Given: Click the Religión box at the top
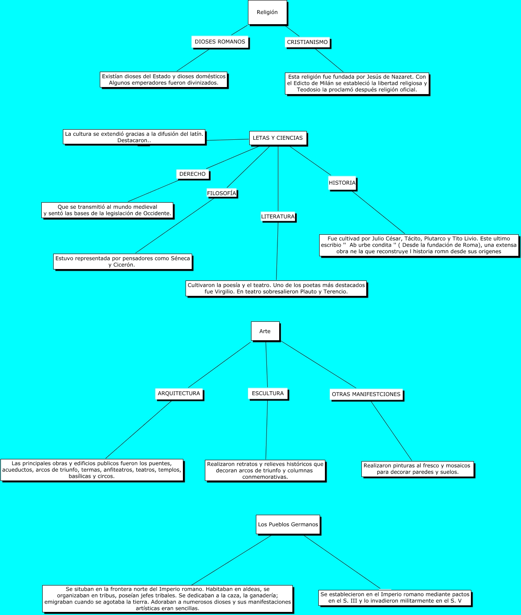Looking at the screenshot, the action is pyautogui.click(x=267, y=12).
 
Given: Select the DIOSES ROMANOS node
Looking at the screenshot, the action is pyautogui.click(x=220, y=42).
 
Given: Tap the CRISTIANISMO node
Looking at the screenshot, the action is pyautogui.click(x=307, y=42).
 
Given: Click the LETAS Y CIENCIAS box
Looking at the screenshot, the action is pyautogui.click(x=277, y=138).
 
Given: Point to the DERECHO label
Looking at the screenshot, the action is pyautogui.click(x=192, y=174).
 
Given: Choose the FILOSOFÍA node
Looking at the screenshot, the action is pyautogui.click(x=222, y=193).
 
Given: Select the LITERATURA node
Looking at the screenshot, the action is pyautogui.click(x=278, y=217).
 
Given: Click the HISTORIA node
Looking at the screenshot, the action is pyautogui.click(x=342, y=183).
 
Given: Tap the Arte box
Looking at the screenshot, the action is pyautogui.click(x=265, y=331).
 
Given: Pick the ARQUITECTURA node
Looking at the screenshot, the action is pyautogui.click(x=179, y=393).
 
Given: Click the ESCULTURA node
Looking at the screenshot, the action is pyautogui.click(x=268, y=393).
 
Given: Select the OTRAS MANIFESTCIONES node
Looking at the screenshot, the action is pyautogui.click(x=366, y=394).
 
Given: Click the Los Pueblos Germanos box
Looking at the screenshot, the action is pyautogui.click(x=288, y=524).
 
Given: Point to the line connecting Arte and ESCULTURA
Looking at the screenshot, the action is pyautogui.click(x=266, y=365).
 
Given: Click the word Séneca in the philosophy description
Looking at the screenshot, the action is pyautogui.click(x=180, y=258).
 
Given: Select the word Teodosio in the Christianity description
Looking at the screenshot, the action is pyautogui.click(x=309, y=90).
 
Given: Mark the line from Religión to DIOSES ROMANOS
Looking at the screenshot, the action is pyautogui.click(x=240, y=30).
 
